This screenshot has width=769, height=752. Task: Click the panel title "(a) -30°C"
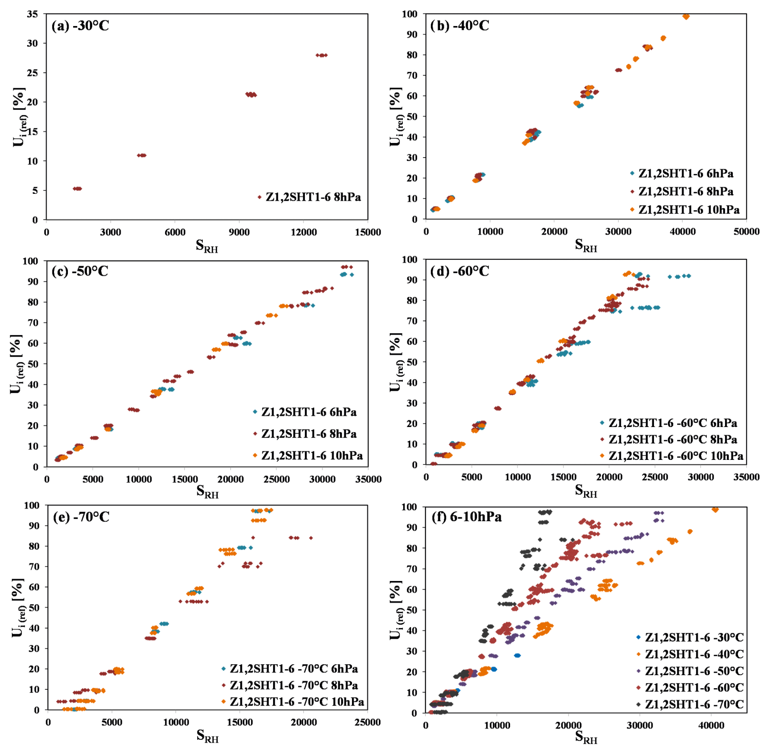coord(80,26)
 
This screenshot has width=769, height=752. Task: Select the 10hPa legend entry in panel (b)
coord(688,210)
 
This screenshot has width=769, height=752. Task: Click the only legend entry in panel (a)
coord(313,197)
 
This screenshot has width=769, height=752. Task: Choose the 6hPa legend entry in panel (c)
coord(308,412)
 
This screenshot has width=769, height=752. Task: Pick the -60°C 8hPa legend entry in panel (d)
coord(672,440)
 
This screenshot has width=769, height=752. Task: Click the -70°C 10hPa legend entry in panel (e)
coord(296,702)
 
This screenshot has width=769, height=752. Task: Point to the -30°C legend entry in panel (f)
coord(693,637)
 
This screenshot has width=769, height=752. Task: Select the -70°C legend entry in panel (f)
coord(693,704)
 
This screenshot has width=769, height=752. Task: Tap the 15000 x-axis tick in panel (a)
coord(367,232)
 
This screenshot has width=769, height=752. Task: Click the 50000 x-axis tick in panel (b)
coord(746,232)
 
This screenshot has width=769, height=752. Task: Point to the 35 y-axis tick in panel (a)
coord(33,14)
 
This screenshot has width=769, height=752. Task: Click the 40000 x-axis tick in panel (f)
coord(711,725)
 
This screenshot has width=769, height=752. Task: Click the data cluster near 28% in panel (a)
coord(321,55)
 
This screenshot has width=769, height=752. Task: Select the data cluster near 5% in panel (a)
coord(77,189)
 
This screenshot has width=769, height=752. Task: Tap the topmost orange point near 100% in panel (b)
coord(686,17)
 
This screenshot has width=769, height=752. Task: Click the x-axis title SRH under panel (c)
coord(207,492)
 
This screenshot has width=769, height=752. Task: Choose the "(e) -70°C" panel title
coord(81,517)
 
